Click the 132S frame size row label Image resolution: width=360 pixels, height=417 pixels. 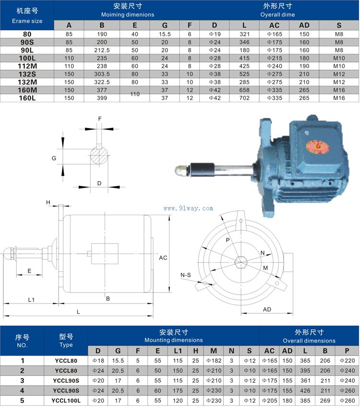(x=27, y=74)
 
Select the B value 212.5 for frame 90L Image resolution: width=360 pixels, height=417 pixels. (x=102, y=50)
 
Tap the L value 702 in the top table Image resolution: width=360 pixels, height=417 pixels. (x=244, y=98)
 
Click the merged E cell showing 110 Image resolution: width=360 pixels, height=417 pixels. (x=135, y=94)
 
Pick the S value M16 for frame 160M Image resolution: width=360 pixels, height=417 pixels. (x=339, y=90)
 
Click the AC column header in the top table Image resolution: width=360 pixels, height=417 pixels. (x=274, y=25)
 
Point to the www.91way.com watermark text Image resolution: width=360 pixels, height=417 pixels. (x=188, y=208)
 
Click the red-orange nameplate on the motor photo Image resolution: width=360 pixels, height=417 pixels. (x=317, y=147)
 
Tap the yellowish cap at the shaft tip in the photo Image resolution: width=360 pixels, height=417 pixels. (x=180, y=170)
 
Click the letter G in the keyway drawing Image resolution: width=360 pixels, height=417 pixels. (x=54, y=158)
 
